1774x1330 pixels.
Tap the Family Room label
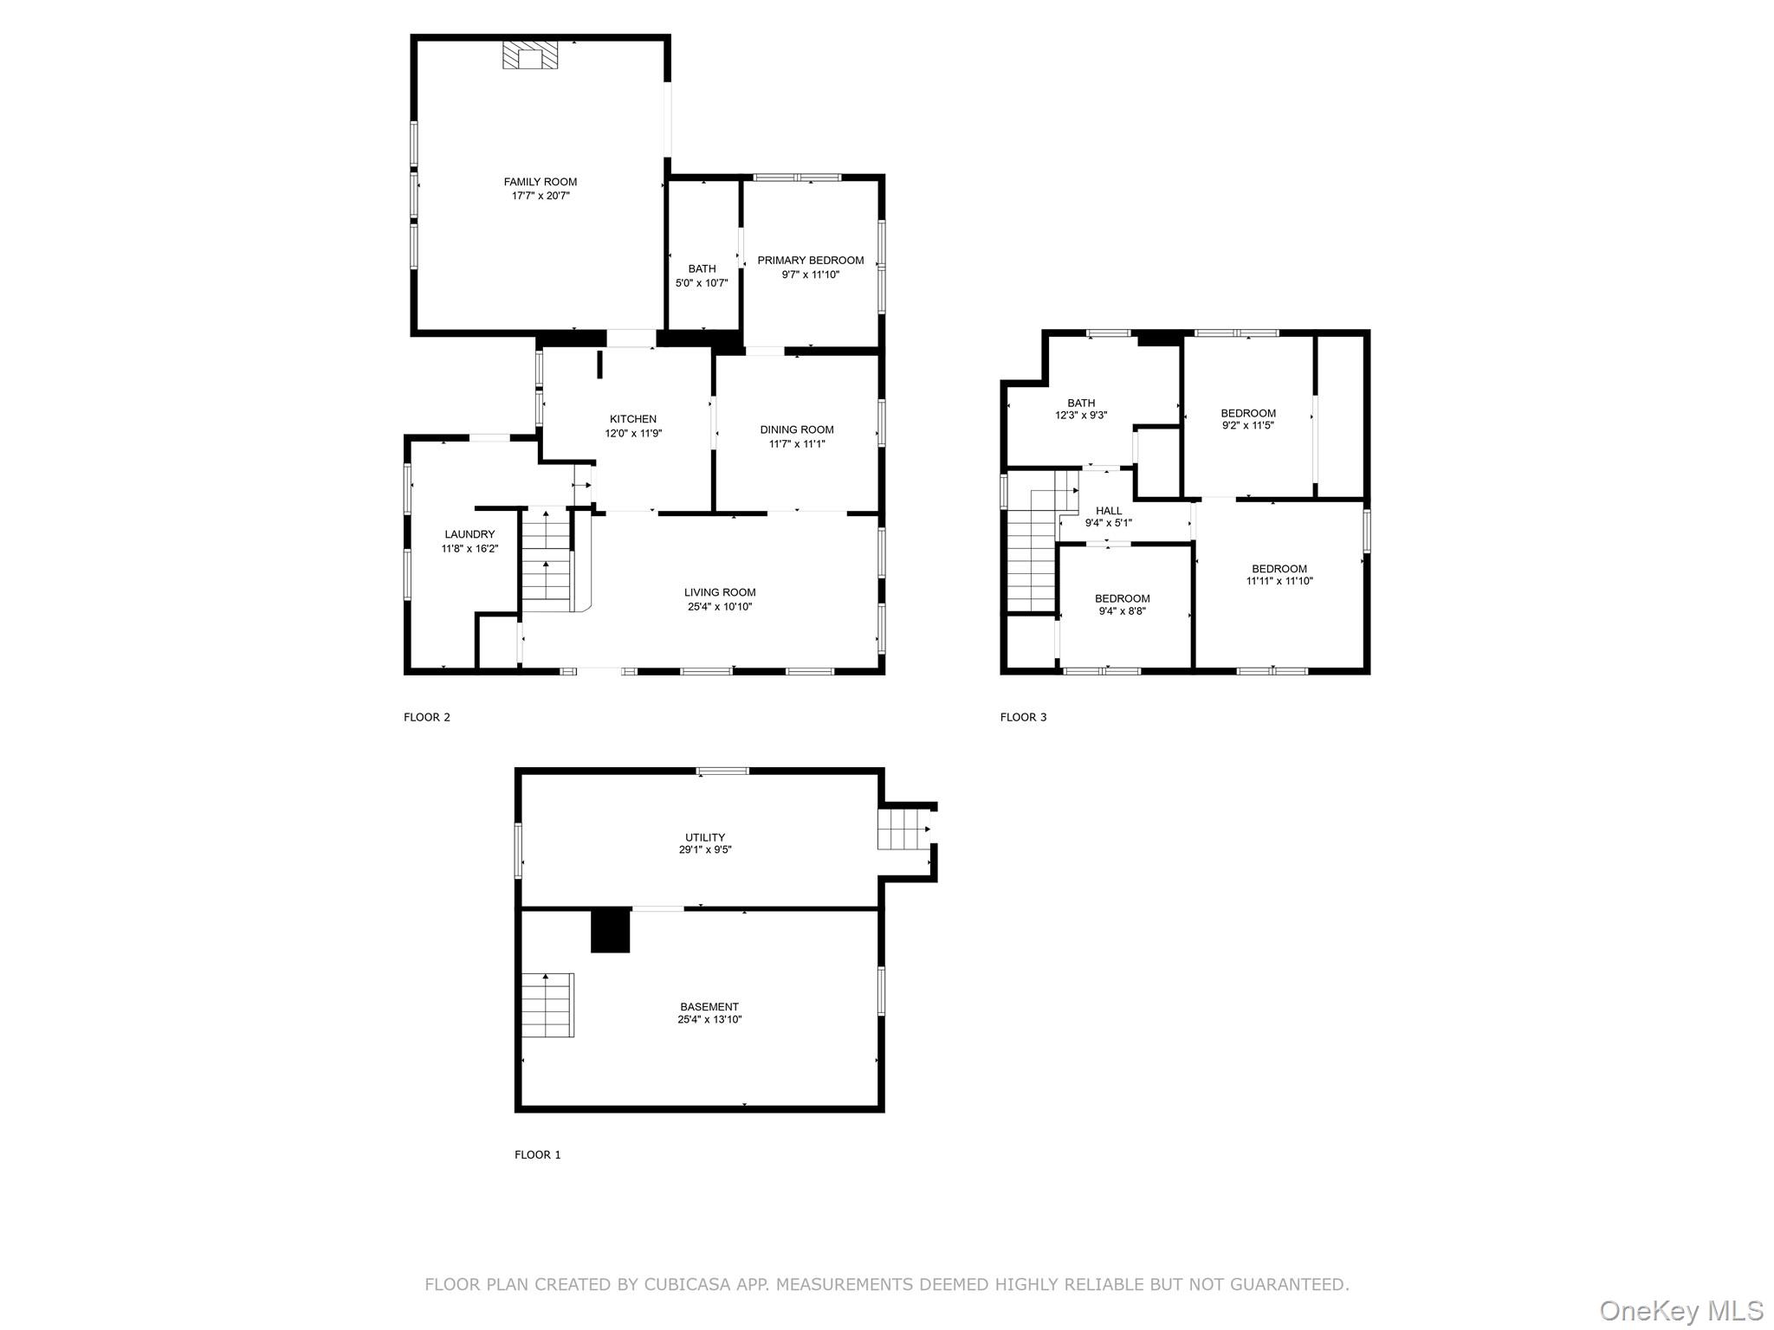pos(541,182)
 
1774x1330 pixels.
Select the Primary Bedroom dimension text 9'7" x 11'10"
pos(810,274)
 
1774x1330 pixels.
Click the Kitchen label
pos(633,419)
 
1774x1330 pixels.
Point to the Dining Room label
pos(797,429)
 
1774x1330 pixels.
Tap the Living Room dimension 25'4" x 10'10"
pos(720,607)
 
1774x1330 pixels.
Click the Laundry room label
pos(469,534)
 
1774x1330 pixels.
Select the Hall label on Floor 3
pos(1109,511)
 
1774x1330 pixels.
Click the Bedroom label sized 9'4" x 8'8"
pos(1123,598)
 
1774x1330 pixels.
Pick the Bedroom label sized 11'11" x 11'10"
pos(1279,569)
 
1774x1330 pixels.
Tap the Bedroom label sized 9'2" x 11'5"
pos(1248,413)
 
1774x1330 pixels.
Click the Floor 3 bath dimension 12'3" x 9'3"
pos(1081,416)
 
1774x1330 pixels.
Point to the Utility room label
pos(705,837)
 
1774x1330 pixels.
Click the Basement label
pos(709,1007)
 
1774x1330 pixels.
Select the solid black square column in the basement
pos(610,931)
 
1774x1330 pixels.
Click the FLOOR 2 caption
pos(427,717)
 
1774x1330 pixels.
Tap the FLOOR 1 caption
pos(538,1154)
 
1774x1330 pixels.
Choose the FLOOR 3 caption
pos(1024,717)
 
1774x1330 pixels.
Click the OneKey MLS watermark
pos(1681,1311)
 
